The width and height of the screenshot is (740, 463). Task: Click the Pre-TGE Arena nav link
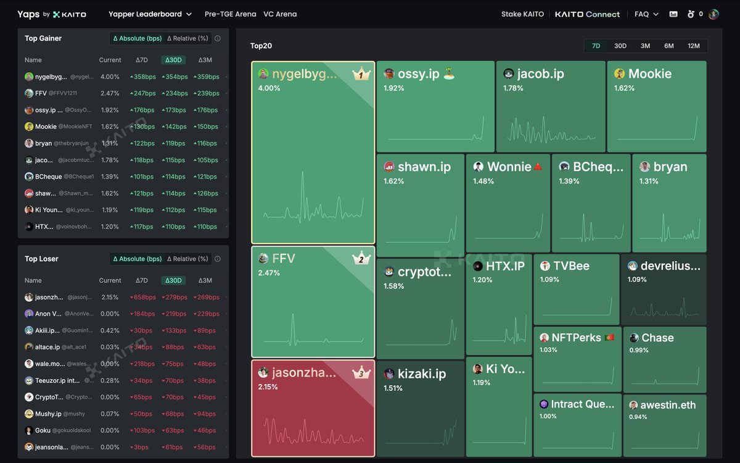(230, 14)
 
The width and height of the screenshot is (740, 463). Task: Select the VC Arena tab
(280, 14)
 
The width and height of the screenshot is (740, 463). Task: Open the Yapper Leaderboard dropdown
(150, 14)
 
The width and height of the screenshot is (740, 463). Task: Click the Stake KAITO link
(522, 14)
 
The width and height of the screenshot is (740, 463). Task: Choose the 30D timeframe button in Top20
(620, 46)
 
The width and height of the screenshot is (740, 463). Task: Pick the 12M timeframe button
(694, 46)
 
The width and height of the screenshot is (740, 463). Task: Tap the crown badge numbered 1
(361, 75)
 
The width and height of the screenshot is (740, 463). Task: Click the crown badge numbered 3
(361, 373)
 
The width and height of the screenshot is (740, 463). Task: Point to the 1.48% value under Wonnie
(483, 181)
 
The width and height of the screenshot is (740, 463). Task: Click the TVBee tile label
(571, 266)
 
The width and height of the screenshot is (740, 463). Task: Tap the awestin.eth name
(668, 405)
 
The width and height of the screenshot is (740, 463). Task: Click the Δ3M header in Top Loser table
(205, 280)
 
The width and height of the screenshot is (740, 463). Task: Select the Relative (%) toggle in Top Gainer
(188, 38)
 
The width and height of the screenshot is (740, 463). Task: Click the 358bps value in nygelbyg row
(142, 77)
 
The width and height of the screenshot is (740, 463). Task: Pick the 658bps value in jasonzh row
(142, 298)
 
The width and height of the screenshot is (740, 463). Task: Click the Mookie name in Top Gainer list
(46, 127)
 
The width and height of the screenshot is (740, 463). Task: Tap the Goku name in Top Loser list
(43, 430)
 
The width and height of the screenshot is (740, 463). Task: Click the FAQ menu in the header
(641, 14)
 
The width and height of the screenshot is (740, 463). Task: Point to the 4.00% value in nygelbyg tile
(269, 88)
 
